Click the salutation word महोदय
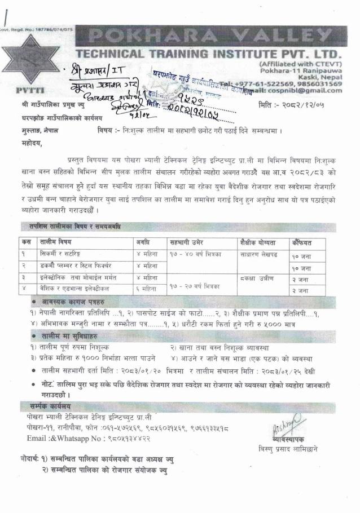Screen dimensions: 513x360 (x=33, y=144)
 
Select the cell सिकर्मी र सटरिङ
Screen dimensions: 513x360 (x=59, y=254)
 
